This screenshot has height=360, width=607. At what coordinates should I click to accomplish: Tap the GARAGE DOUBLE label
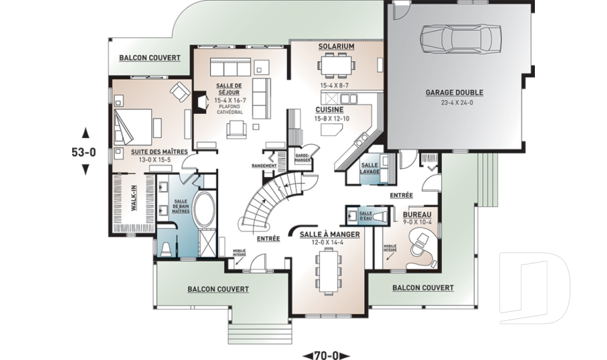coord(455,92)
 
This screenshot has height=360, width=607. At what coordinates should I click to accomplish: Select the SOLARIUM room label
coord(336,46)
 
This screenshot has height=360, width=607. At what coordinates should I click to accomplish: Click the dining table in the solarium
coord(336,65)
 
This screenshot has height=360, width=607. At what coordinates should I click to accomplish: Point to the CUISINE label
coord(329,109)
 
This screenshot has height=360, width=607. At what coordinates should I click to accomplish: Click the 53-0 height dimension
coord(83,152)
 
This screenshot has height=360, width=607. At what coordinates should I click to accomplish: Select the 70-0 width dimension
coord(326,355)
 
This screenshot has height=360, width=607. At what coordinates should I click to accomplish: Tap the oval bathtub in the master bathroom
coord(204,208)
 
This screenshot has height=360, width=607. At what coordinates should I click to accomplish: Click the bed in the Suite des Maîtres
coord(132,127)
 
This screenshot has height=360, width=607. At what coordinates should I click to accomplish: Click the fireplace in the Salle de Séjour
coord(200,102)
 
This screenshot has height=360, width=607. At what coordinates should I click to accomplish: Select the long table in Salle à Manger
coord(328,271)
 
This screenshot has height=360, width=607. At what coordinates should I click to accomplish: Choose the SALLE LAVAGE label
coord(370,168)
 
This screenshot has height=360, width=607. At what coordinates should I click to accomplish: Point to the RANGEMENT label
coord(264,166)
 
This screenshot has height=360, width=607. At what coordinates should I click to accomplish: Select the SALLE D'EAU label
coord(366,216)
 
